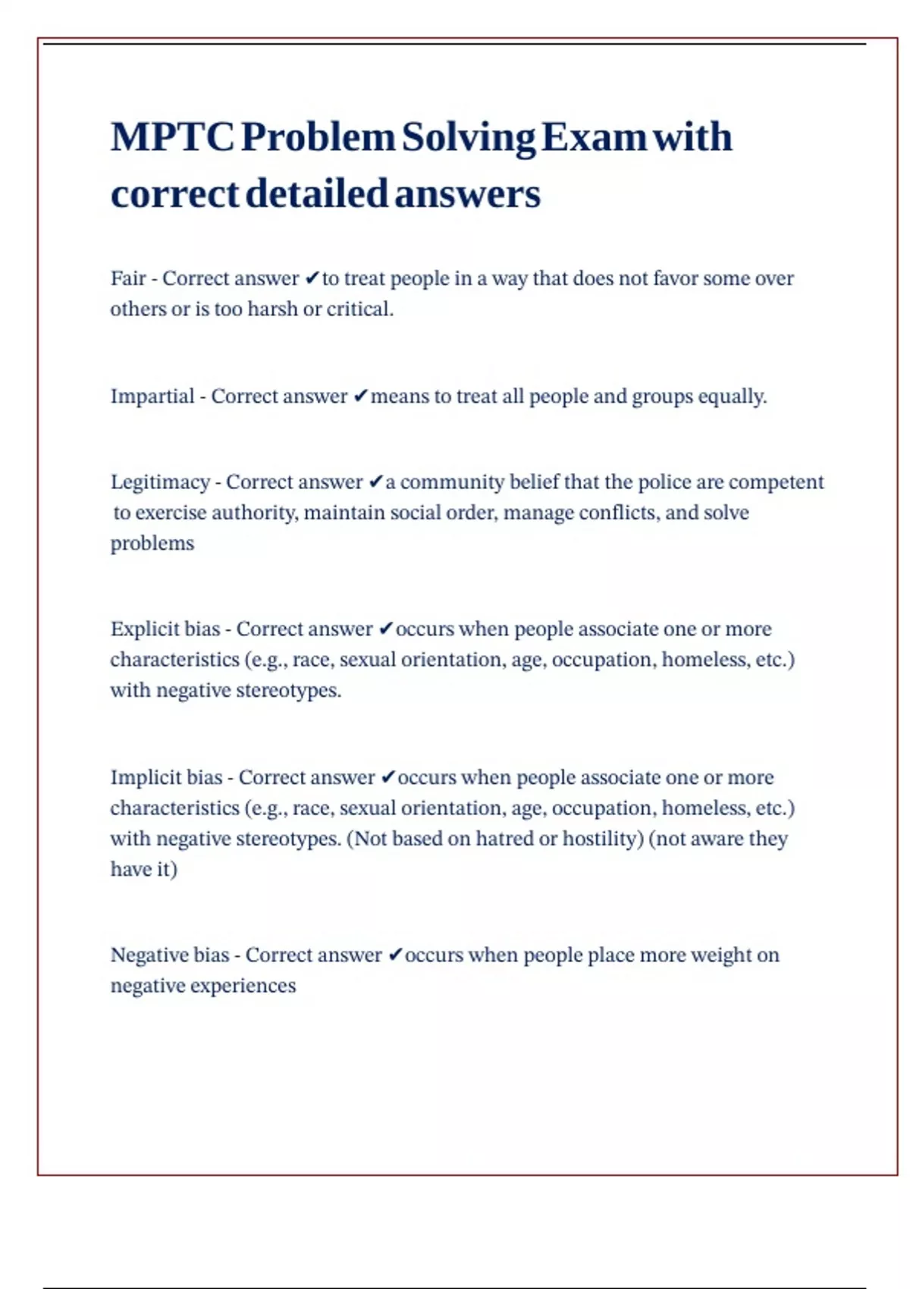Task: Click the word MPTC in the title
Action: (172, 137)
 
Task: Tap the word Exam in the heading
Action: (594, 137)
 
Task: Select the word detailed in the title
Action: (317, 194)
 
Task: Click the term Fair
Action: (128, 278)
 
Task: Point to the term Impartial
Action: (152, 397)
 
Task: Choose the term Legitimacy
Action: (160, 482)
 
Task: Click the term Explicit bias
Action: (165, 629)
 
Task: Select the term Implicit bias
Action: (166, 778)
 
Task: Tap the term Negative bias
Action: (170, 955)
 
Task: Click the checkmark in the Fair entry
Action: (312, 279)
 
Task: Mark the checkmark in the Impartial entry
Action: (360, 397)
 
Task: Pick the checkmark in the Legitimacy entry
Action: (376, 482)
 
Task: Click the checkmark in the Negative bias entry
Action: (394, 955)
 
